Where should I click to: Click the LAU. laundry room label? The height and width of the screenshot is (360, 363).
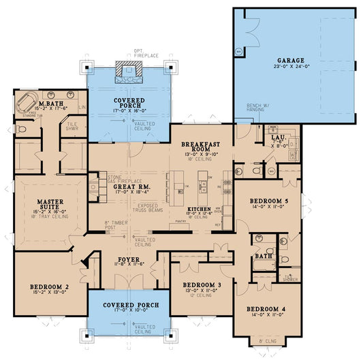pos(278,137)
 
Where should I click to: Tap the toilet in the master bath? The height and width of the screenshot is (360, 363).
pos(18,127)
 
